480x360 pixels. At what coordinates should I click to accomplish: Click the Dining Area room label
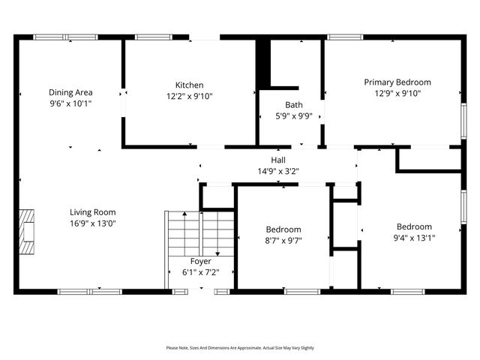point(70,92)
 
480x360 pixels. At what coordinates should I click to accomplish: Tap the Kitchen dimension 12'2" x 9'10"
point(189,96)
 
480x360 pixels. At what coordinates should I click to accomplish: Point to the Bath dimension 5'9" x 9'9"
point(294,116)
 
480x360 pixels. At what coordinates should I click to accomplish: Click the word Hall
point(277,160)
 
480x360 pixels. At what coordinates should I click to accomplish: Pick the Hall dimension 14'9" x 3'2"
point(277,171)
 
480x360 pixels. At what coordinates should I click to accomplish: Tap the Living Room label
point(93,211)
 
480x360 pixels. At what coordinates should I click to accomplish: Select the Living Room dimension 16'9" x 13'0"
point(93,223)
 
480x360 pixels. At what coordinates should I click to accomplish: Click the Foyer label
point(200,261)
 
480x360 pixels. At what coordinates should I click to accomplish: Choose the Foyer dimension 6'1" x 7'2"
point(200,272)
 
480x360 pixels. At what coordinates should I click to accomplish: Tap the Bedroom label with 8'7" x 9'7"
point(283,229)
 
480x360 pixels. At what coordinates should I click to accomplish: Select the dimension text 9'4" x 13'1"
point(414,238)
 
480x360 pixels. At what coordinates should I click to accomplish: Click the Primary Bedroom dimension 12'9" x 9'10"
point(397,94)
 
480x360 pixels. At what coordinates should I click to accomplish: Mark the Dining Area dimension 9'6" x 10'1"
point(70,103)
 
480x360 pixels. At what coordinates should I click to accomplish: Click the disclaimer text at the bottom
point(240,348)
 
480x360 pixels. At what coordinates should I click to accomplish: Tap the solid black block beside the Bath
point(263,64)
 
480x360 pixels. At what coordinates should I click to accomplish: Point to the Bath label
point(294,105)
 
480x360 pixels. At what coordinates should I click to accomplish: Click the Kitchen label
point(189,85)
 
